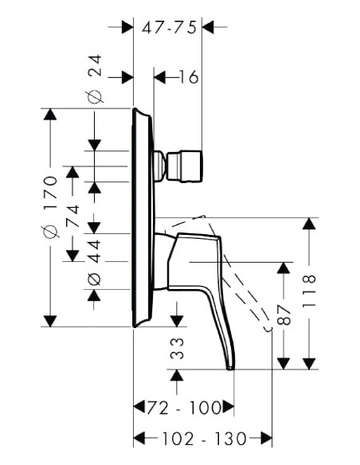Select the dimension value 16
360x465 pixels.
tap(188, 77)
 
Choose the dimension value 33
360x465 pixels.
tap(178, 348)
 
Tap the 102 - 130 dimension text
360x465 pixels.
tap(202, 438)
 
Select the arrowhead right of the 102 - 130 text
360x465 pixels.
tap(267, 438)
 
